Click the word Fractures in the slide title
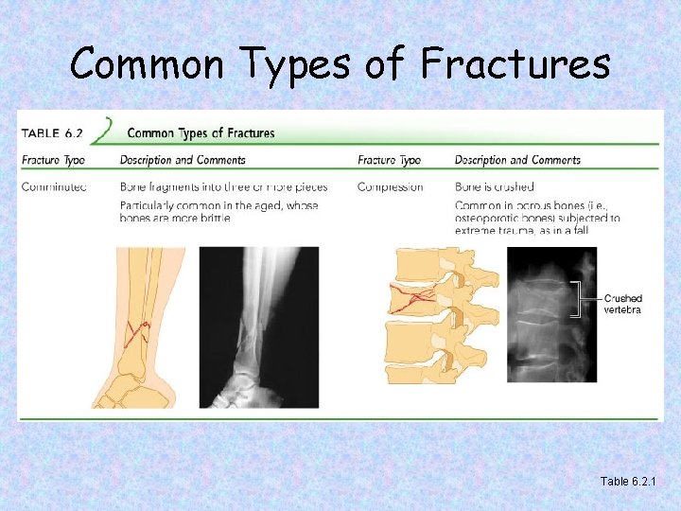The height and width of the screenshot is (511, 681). [x=515, y=63]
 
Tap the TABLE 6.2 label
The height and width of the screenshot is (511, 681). [x=56, y=132]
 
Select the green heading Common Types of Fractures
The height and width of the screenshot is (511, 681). [x=201, y=132]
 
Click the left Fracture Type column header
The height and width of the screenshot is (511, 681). [x=53, y=160]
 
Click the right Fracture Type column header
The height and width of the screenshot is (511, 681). [x=389, y=160]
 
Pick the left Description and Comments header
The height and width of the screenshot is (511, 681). [x=183, y=160]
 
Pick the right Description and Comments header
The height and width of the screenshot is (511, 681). [x=517, y=160]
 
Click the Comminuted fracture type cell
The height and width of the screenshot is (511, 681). [x=54, y=186]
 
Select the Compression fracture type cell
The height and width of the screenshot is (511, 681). [x=390, y=186]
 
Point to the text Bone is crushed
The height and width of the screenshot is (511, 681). [x=494, y=186]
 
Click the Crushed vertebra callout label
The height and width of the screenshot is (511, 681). [x=622, y=304]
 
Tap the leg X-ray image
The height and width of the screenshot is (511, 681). [x=258, y=326]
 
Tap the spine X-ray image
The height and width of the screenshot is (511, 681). [x=551, y=314]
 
